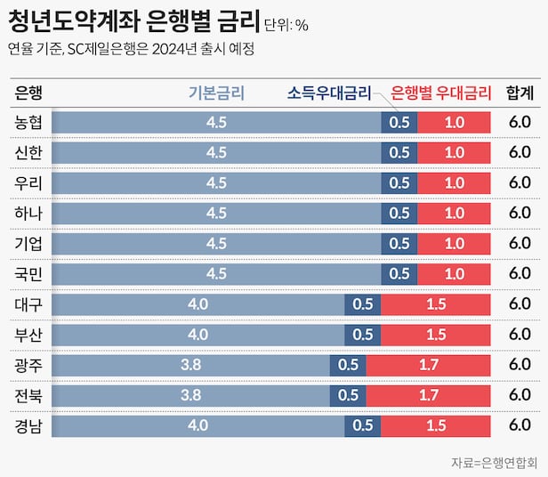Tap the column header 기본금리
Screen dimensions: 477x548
(217, 92)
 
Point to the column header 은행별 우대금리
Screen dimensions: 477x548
(441, 92)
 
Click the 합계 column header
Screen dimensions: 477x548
(520, 92)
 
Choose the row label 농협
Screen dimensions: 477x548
(28, 122)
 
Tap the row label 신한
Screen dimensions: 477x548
(28, 152)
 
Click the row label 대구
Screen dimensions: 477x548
(28, 303)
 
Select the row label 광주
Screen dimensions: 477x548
(28, 364)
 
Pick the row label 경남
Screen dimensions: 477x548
(28, 424)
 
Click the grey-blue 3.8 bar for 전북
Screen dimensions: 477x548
(190, 394)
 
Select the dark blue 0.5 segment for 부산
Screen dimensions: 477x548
(363, 334)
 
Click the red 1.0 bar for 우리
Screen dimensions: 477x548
(455, 182)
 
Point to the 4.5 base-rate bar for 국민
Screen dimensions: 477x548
(216, 273)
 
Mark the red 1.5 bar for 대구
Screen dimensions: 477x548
(436, 303)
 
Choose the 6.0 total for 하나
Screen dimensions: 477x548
(520, 213)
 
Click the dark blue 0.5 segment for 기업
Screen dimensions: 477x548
(399, 243)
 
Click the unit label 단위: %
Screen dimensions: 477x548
(286, 25)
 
